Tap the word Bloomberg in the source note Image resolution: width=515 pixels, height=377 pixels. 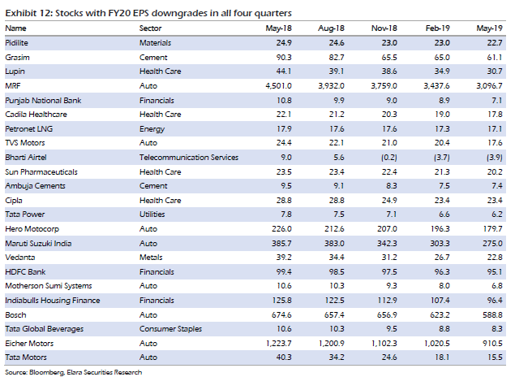tap(42, 370)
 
